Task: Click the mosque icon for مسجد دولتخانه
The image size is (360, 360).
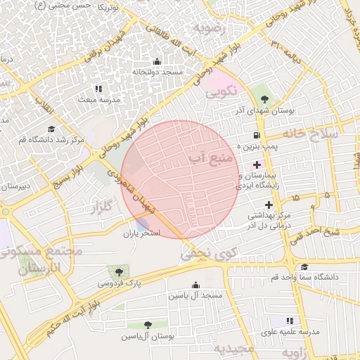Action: point(156,62)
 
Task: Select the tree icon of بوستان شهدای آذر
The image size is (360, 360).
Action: point(264,99)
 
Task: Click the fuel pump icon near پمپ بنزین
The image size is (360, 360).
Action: point(255,135)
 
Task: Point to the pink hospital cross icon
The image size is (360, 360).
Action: point(257,164)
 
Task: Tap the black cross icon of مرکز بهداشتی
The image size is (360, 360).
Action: point(269,204)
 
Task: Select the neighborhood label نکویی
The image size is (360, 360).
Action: point(221,92)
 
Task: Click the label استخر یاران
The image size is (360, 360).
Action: point(143,233)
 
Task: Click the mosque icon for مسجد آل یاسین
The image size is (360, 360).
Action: point(195,285)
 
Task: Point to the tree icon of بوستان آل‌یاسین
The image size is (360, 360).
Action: point(147,325)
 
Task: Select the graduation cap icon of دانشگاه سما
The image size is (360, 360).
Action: point(304,267)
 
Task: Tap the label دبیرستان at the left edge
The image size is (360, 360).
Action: point(14,187)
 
